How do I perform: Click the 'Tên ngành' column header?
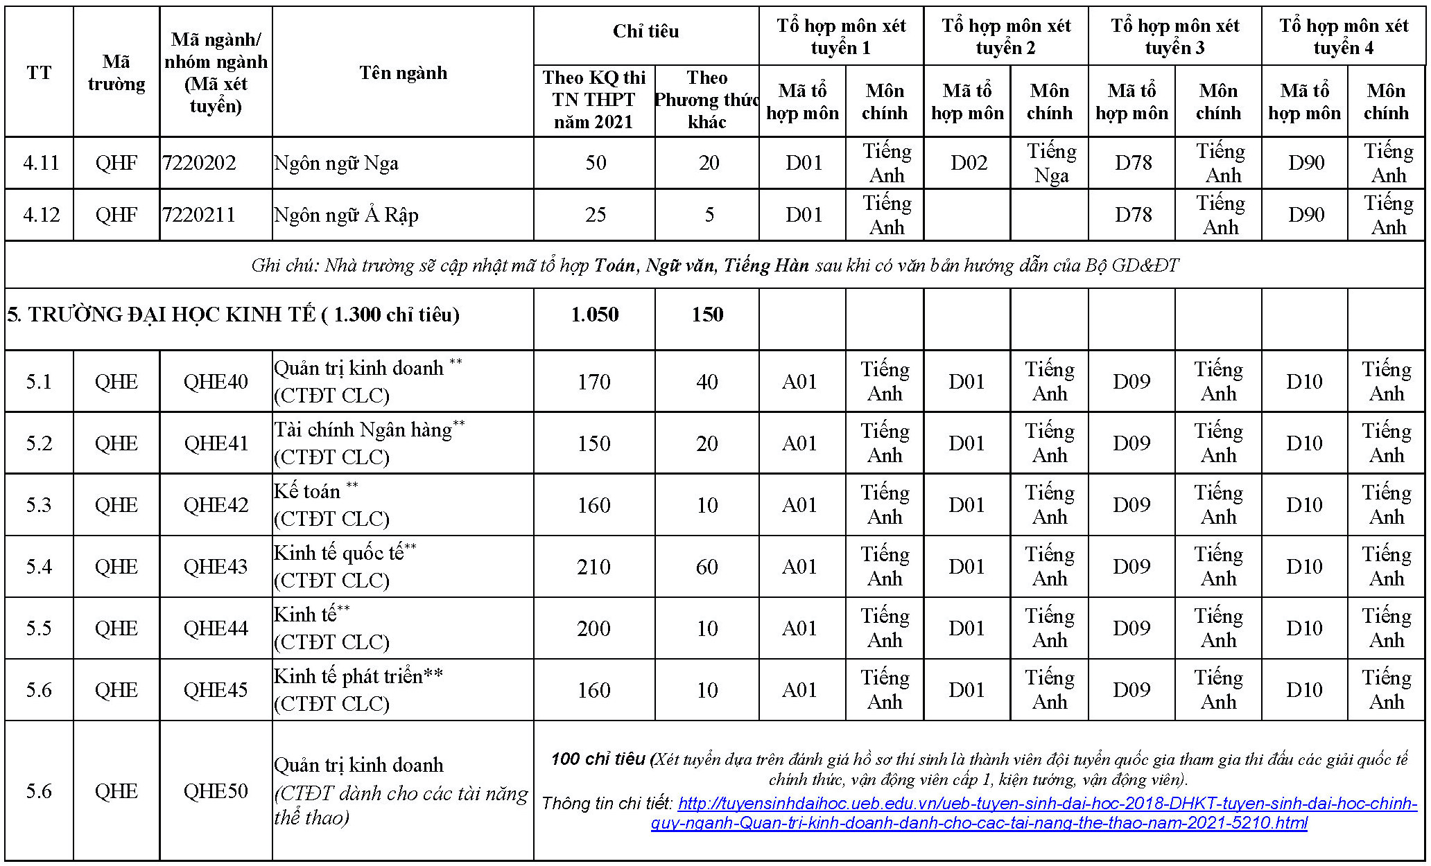coord(403,73)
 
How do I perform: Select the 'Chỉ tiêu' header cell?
coord(645,31)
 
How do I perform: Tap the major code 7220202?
coord(200,163)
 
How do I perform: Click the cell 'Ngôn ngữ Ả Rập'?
coord(346,215)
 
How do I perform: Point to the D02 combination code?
coord(968,163)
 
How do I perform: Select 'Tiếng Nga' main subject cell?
coord(1051,163)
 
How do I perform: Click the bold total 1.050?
coord(594,315)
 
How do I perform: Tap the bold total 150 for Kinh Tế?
coord(707,315)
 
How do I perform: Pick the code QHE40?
coord(216,382)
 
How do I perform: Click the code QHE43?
coord(216,567)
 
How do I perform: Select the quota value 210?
coord(594,567)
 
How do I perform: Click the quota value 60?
coord(707,567)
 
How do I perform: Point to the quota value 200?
coord(594,628)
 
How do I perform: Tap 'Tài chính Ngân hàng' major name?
coord(363,430)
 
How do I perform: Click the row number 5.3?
coord(39,505)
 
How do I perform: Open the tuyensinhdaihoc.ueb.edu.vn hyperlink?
coord(978,813)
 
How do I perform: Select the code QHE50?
coord(216,791)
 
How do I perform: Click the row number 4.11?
coord(41,163)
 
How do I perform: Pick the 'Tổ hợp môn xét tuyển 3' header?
coord(1174,37)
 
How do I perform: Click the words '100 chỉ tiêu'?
coord(598,759)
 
